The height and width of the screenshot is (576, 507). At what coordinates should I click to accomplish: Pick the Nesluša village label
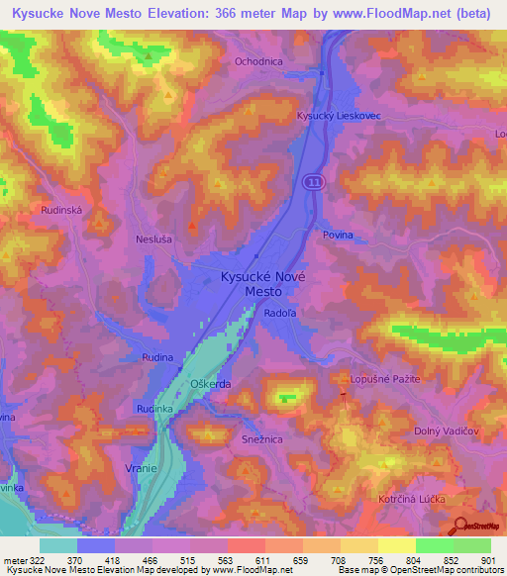click(153, 239)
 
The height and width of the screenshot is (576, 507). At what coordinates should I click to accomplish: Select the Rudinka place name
click(154, 408)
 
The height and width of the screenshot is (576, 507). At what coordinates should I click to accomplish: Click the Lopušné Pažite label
click(385, 379)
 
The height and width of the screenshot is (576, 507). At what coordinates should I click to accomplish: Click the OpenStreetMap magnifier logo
click(459, 527)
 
